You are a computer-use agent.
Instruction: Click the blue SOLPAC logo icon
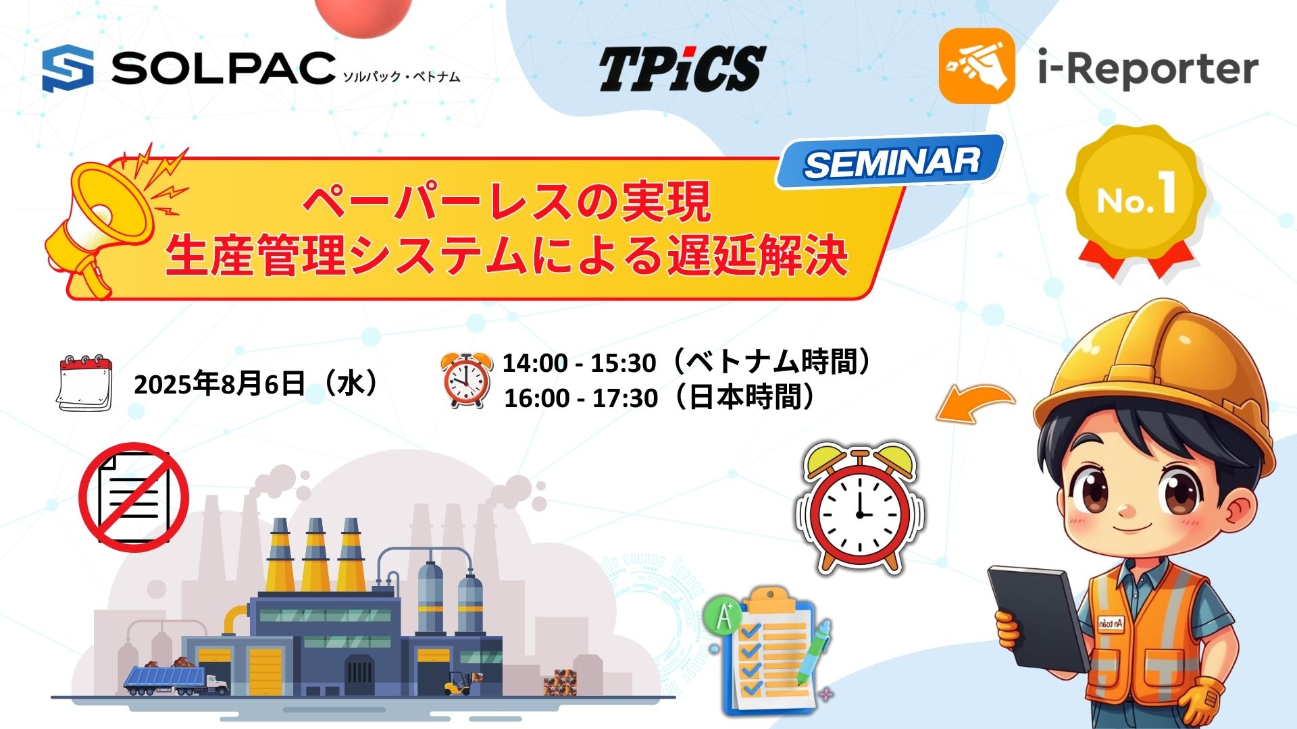(x=68, y=68)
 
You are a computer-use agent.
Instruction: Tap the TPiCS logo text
(x=682, y=69)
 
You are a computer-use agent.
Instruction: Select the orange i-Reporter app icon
(x=977, y=66)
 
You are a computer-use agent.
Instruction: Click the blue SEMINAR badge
(x=891, y=162)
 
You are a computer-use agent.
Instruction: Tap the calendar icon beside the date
(x=84, y=383)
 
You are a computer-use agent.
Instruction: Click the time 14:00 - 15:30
(x=579, y=363)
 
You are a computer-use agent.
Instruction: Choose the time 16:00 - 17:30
(x=581, y=398)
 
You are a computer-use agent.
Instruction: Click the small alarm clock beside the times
(x=466, y=380)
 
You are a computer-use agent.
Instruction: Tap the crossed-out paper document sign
(x=134, y=497)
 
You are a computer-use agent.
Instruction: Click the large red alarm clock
(x=860, y=508)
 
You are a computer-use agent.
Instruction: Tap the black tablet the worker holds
(x=1040, y=618)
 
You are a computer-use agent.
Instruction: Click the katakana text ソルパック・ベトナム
(x=401, y=76)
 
